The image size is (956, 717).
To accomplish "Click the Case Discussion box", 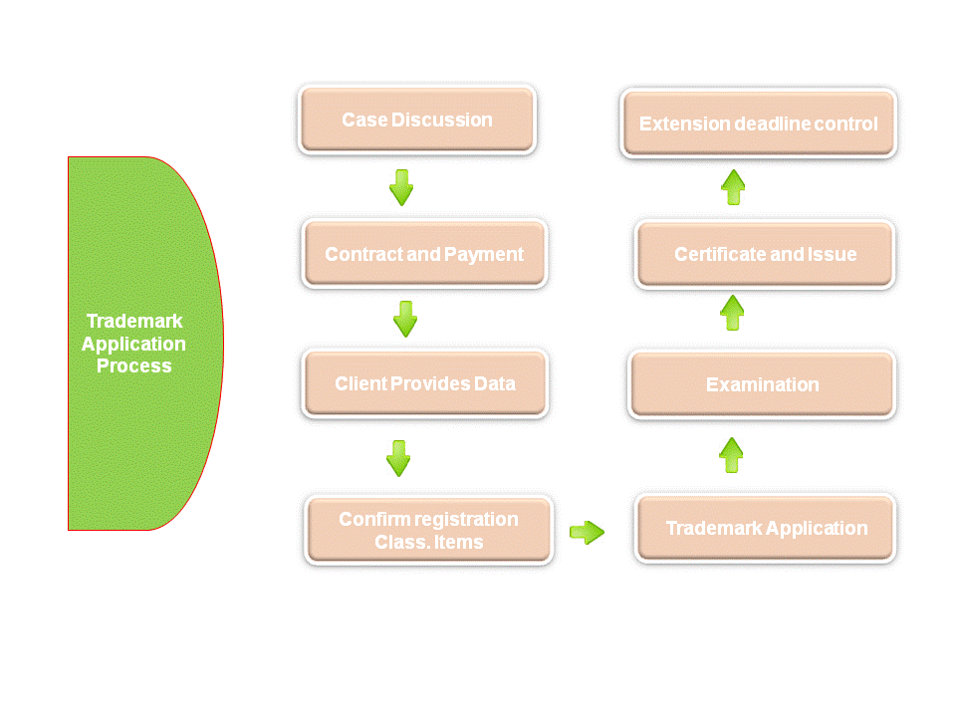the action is click(x=417, y=119).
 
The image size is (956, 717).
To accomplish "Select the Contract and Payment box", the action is click(x=424, y=254).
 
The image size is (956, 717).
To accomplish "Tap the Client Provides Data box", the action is click(x=425, y=383).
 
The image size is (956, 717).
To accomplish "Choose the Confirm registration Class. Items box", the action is click(x=428, y=530).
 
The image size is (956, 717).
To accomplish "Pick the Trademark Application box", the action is click(x=765, y=528).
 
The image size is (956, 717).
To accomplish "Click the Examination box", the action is click(x=762, y=384).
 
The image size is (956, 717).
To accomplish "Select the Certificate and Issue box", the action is click(x=765, y=254).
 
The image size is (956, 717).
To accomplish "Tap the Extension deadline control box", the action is click(x=759, y=123).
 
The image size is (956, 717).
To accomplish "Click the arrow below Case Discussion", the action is click(x=401, y=187).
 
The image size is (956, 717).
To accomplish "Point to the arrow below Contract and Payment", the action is click(x=405, y=319).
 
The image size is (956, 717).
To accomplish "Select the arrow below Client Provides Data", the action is click(x=398, y=458).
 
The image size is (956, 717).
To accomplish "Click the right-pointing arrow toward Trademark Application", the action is click(x=588, y=532).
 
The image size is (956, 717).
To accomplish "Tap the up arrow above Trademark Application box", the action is click(x=731, y=455).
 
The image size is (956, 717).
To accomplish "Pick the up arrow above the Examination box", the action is click(x=732, y=313).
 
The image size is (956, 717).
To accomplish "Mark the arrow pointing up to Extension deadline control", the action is click(x=733, y=187).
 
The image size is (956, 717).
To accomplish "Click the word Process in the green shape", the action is click(x=134, y=365).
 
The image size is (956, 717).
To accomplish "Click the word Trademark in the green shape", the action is click(x=134, y=321).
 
